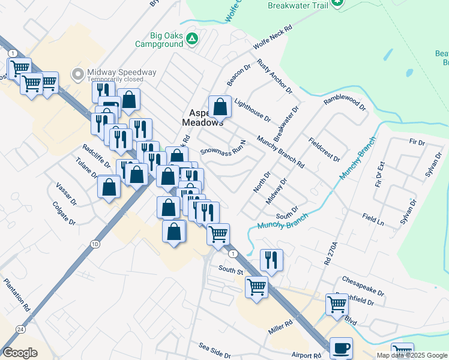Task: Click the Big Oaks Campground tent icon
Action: click(191, 40)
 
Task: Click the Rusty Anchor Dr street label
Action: click(274, 76)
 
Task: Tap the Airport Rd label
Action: click(306, 355)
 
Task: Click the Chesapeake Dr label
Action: click(363, 286)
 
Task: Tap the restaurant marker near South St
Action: click(271, 260)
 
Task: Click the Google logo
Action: click(20, 353)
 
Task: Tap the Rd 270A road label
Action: click(327, 253)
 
